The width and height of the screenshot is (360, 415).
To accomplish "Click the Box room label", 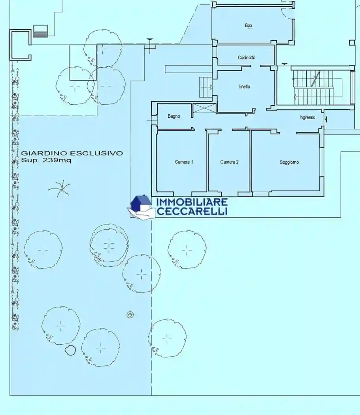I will coord(249,26).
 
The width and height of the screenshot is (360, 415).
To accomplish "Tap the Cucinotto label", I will coord(247,58).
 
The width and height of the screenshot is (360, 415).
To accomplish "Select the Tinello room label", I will coord(244,87).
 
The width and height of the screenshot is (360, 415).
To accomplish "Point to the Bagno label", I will coord(174,116).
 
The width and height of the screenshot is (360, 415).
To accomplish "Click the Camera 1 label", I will coord(184,162).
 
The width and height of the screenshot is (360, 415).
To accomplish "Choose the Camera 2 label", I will coord(230,162).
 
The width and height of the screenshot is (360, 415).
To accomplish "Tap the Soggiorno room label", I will coord(289,162).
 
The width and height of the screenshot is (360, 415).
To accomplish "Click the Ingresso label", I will coord(307,117).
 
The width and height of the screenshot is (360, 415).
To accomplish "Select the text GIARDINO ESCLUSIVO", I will coord(72,153).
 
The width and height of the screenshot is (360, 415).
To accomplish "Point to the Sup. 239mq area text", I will coord(46,160).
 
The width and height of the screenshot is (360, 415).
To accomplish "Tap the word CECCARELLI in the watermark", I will coord(192,211).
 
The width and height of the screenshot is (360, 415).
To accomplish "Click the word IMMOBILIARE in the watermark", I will coord(192,202).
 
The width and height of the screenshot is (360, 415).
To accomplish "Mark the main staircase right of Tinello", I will coord(316,87).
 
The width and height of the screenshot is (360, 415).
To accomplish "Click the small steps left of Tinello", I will coord(205,87).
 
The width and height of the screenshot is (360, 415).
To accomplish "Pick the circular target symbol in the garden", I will coord(130,315).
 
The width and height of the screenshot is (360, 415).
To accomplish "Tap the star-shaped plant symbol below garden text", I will coord(59,189).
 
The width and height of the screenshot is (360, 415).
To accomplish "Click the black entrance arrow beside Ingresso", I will coord(326,119).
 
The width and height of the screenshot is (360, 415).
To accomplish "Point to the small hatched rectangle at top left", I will coord(40,31).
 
